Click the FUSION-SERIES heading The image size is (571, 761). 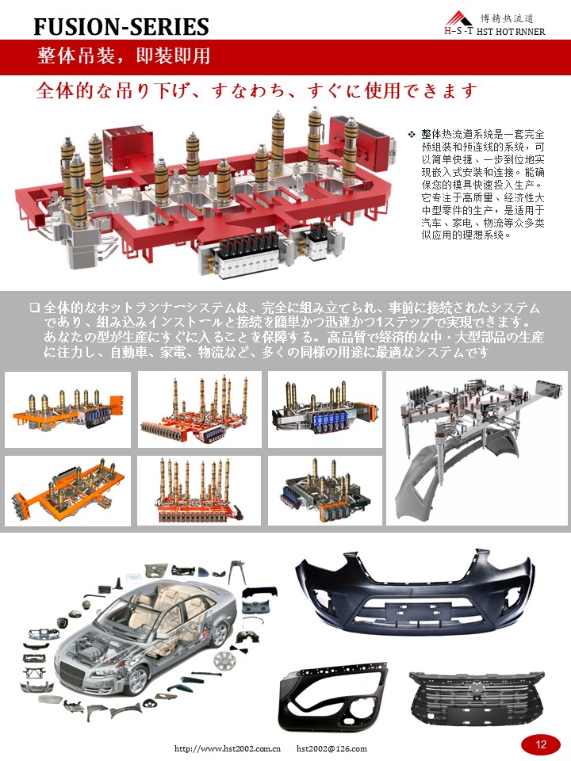click(x=121, y=28)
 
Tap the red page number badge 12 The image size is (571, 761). click(x=541, y=744)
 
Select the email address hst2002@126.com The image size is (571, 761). click(x=331, y=748)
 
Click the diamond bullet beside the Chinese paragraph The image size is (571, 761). click(x=412, y=135)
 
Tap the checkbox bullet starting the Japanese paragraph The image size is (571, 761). click(x=34, y=308)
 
